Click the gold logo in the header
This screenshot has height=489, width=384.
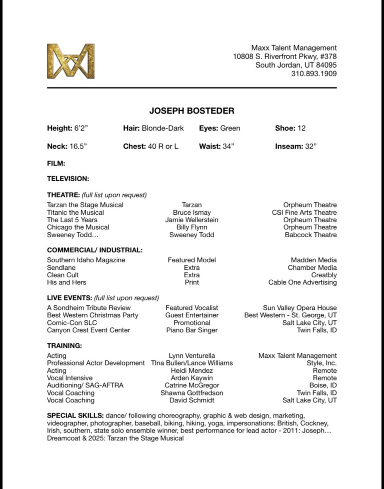point(70,61)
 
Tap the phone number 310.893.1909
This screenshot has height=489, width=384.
point(313,74)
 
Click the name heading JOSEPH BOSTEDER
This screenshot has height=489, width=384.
point(191,111)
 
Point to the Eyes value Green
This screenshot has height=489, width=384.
point(230,128)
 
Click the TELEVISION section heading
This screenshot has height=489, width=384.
point(68,178)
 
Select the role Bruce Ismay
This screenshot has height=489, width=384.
point(191,212)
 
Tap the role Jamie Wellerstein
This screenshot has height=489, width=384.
point(191,220)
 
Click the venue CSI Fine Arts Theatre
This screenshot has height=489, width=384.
point(304,212)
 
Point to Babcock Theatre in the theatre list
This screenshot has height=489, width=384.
point(310,235)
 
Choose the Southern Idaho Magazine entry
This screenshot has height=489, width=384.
point(86,260)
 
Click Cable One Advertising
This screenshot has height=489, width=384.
point(302,282)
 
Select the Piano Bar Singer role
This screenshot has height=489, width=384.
point(191,330)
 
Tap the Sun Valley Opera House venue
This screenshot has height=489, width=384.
point(299,308)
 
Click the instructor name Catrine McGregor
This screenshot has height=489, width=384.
point(191,385)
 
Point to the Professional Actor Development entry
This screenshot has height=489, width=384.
point(96,363)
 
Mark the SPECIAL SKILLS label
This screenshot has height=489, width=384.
point(75,415)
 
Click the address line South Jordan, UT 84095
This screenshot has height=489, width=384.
point(296,65)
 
